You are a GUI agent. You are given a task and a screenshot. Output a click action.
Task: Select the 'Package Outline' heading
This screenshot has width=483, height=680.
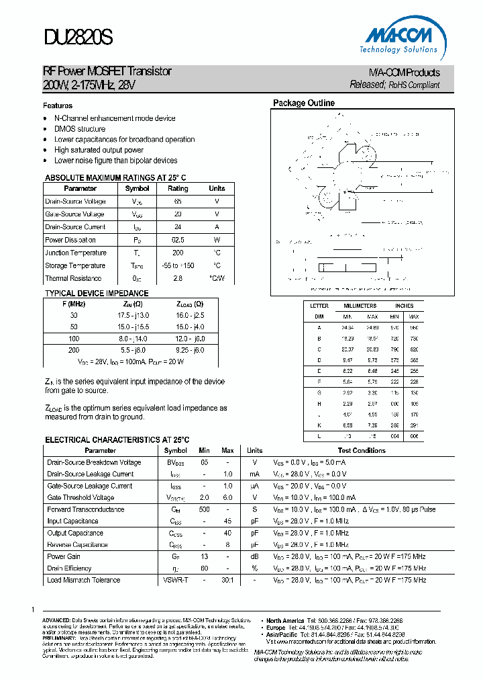303,103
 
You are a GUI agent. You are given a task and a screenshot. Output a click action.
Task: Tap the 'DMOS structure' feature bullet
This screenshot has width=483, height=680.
80,129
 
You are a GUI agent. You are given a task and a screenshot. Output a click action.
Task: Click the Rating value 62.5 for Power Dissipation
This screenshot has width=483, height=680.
178,240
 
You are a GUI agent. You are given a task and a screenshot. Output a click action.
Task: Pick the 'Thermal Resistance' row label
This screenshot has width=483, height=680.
73,278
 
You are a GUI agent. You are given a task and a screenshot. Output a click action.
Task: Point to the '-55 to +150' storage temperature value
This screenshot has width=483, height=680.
178,265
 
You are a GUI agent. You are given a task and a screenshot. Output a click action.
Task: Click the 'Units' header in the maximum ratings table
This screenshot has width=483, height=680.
217,189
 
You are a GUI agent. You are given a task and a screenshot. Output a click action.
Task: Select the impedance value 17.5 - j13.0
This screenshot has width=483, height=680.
133,314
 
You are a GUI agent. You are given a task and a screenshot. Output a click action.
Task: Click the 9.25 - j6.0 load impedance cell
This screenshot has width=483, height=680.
190,350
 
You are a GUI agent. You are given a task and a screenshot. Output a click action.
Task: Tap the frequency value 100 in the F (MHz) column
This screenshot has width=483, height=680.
74,339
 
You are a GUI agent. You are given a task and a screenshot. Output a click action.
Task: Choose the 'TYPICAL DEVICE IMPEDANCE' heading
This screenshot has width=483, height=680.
97,294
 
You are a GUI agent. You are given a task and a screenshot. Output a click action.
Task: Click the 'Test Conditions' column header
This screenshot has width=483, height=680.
362,451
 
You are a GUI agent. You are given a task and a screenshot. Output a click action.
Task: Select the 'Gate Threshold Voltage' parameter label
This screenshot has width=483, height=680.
80,498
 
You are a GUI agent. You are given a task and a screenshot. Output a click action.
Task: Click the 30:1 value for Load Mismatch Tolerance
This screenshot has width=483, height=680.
227,580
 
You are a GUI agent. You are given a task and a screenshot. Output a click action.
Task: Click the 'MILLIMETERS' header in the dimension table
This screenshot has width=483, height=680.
360,306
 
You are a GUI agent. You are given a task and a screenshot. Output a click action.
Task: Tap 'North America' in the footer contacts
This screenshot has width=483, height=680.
286,620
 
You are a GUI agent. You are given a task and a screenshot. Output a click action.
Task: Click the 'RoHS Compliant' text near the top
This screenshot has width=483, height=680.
414,85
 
